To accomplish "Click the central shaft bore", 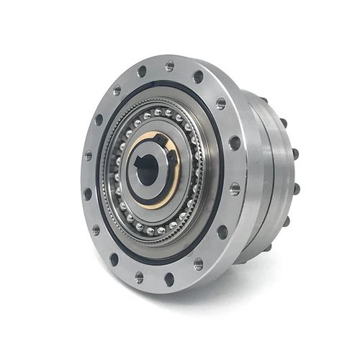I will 148,171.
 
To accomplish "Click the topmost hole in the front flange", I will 170,66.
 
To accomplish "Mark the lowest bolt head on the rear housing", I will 268,247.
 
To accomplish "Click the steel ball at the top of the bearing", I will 158,112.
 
